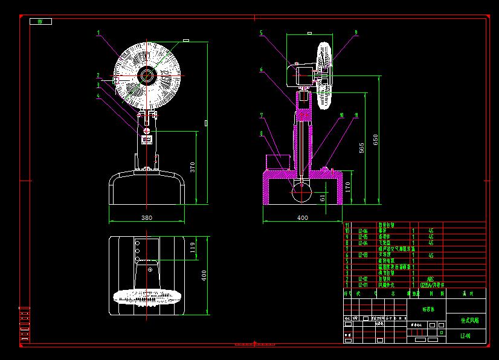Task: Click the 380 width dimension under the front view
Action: click(x=146, y=217)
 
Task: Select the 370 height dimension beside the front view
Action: click(x=193, y=167)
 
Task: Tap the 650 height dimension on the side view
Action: click(x=376, y=140)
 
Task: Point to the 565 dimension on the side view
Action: click(x=362, y=149)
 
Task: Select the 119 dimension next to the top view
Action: click(x=193, y=248)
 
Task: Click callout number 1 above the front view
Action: click(x=98, y=33)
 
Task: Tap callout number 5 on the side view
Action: click(x=261, y=33)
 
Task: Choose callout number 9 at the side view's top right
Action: click(x=356, y=33)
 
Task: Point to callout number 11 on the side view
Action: click(x=356, y=115)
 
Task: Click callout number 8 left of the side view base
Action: click(x=261, y=133)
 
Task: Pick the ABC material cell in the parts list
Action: click(x=430, y=278)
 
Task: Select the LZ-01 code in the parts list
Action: click(x=363, y=284)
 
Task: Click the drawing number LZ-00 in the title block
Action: click(x=465, y=336)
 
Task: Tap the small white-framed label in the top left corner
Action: click(x=40, y=21)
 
